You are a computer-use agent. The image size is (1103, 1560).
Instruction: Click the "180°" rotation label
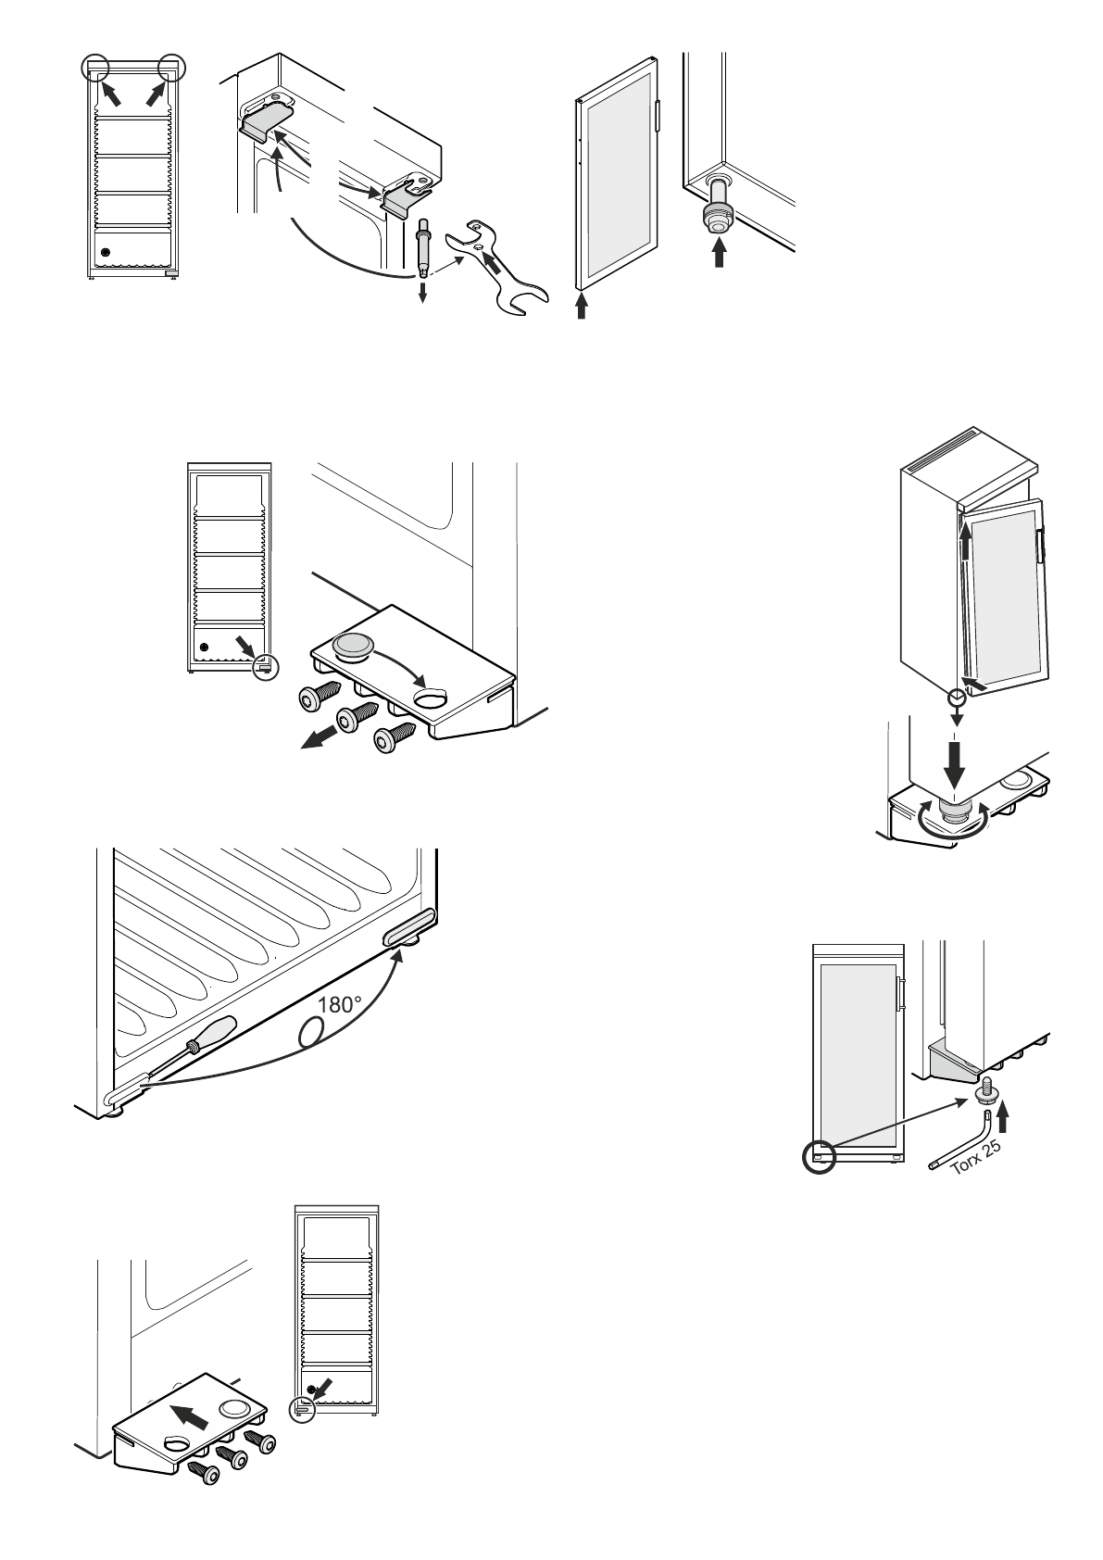click(x=339, y=1004)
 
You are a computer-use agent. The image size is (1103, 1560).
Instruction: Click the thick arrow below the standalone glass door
click(x=582, y=306)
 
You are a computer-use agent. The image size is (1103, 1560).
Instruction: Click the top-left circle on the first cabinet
click(x=94, y=68)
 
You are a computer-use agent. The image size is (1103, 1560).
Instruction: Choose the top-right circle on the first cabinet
click(x=172, y=68)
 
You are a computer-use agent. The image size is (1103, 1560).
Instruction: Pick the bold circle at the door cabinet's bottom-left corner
click(x=819, y=1155)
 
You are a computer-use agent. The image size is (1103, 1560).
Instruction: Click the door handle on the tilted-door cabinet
click(x=1040, y=545)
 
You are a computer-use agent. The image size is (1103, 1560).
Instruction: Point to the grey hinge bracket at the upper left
click(x=267, y=121)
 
